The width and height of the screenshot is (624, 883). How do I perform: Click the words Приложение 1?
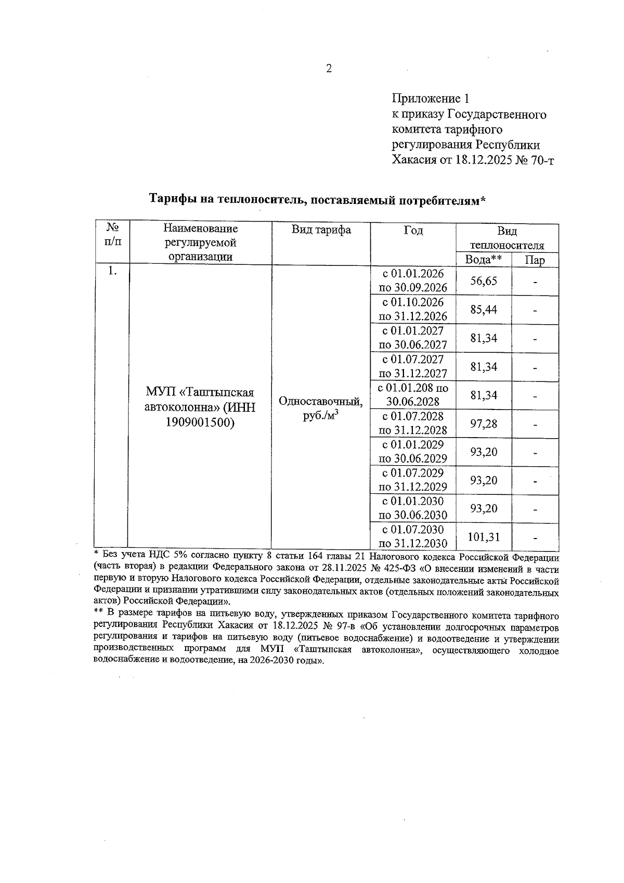click(431, 98)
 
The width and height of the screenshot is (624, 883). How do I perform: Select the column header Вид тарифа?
click(321, 230)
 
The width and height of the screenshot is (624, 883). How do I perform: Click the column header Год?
click(413, 230)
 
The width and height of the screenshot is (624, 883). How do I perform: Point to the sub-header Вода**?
click(483, 260)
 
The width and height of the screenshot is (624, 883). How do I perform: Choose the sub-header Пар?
click(535, 260)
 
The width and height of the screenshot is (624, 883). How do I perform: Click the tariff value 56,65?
click(484, 281)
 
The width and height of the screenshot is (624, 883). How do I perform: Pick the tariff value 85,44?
click(484, 310)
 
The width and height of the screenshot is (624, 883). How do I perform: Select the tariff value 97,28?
click(484, 424)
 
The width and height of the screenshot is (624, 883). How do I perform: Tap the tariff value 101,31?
click(484, 537)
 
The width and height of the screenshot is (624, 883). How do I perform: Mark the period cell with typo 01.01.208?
click(413, 394)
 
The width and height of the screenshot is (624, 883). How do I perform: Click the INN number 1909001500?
click(200, 423)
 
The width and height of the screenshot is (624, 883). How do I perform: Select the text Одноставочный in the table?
click(320, 401)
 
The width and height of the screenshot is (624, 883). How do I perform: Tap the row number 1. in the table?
click(110, 271)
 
